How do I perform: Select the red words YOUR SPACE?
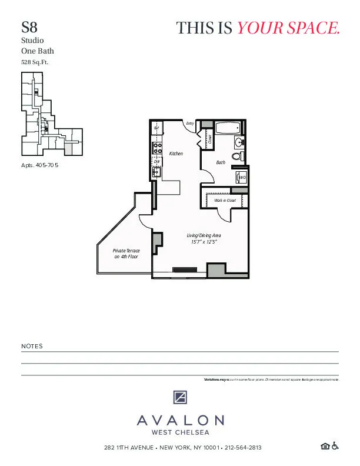[x=288, y=28]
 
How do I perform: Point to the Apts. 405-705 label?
[x=39, y=166]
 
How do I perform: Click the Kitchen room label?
[x=176, y=154]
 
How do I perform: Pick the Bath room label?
[x=221, y=162]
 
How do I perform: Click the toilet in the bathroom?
[x=236, y=157]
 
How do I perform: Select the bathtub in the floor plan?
[x=227, y=128]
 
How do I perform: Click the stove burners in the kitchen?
[x=157, y=147]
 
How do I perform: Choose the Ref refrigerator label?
[x=156, y=128]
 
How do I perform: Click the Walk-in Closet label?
[x=225, y=201]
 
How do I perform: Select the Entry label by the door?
[x=190, y=124]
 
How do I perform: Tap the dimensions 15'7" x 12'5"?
[x=200, y=242]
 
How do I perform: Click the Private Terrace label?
[x=126, y=254]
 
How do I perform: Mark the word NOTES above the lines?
[x=32, y=347]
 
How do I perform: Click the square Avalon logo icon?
[x=180, y=397]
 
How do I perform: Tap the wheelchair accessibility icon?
[x=335, y=447]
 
